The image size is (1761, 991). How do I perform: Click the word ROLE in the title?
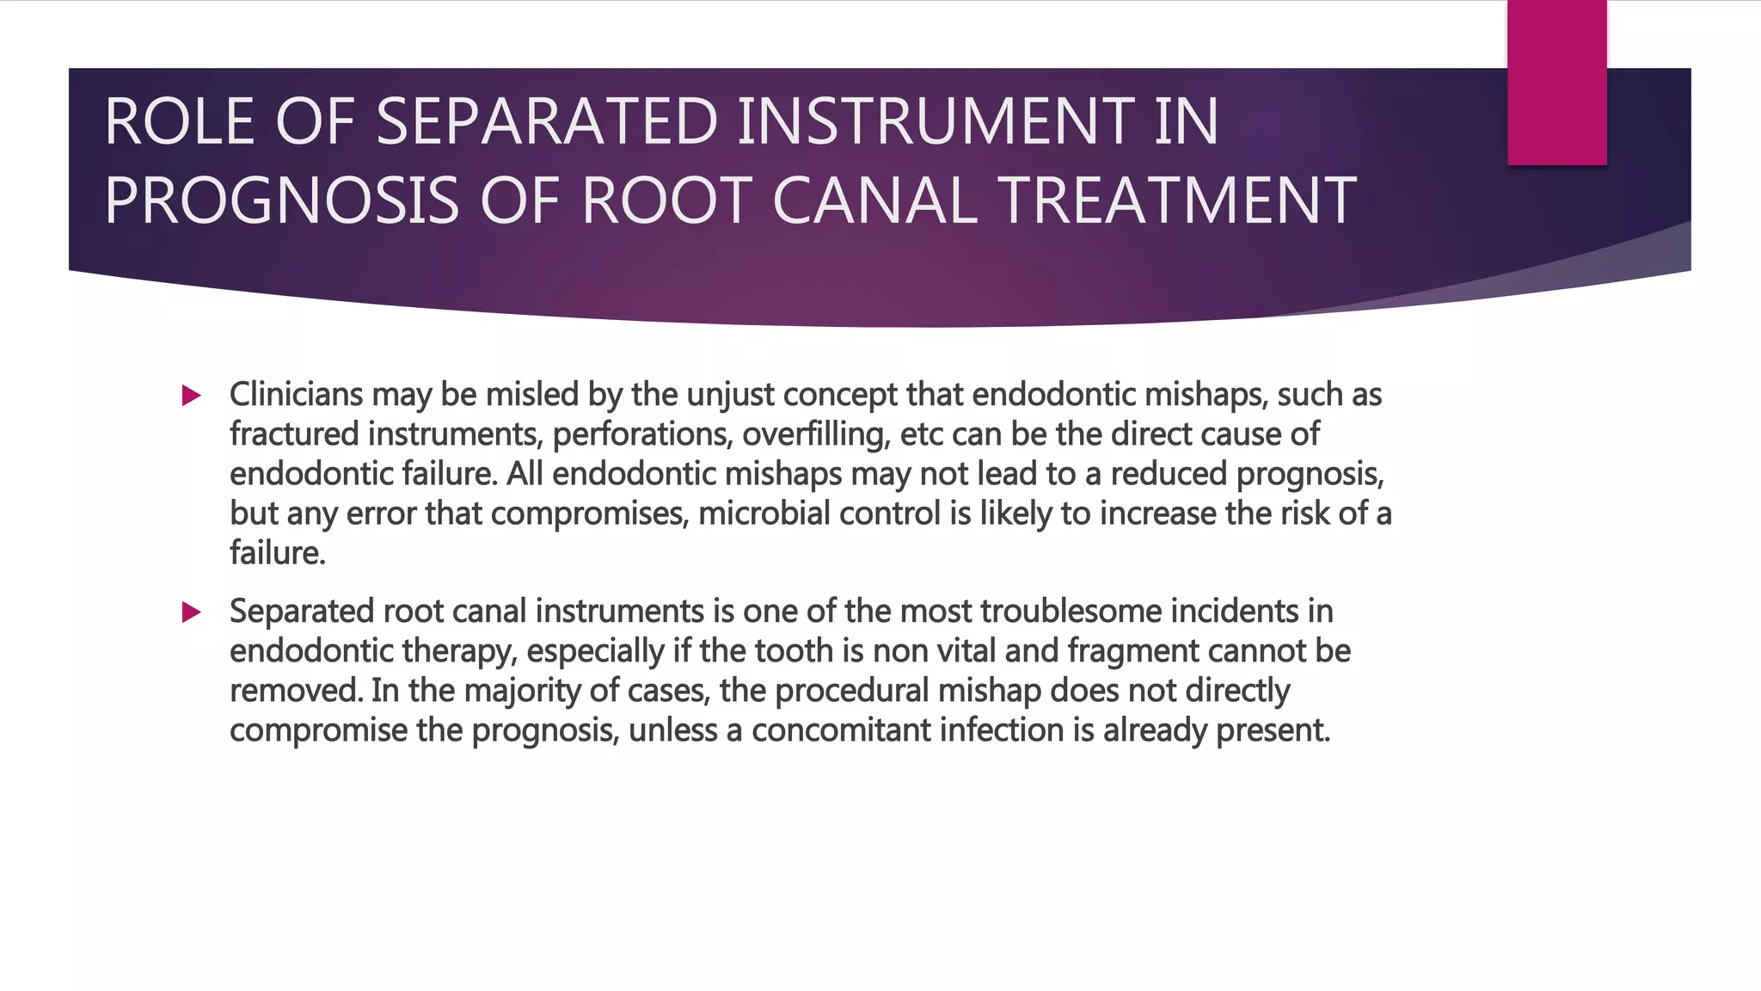179,121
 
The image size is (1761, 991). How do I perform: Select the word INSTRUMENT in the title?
978,121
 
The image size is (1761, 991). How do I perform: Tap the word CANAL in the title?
875,200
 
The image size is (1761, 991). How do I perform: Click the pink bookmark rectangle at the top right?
1556,83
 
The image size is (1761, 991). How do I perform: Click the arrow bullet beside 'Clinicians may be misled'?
192,396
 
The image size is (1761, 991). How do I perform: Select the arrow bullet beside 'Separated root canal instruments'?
192,612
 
